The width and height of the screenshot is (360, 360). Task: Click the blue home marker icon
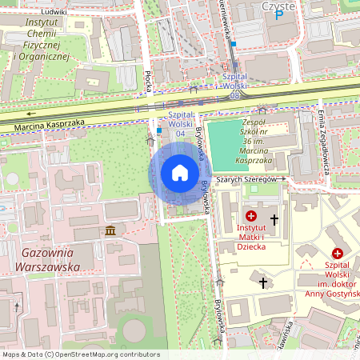[x=180, y=173]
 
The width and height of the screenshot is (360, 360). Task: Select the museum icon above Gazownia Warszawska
[x=110, y=231]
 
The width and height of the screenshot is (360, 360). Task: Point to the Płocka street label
[x=148, y=80]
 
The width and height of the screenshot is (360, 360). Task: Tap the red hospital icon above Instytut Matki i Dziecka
[x=251, y=217]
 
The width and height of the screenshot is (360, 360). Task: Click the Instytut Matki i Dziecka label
[x=251, y=237]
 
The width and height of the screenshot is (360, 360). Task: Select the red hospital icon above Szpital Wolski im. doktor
[x=337, y=253]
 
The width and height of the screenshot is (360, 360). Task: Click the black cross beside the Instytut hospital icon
[x=274, y=218]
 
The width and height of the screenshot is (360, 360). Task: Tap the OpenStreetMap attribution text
[x=80, y=354]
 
